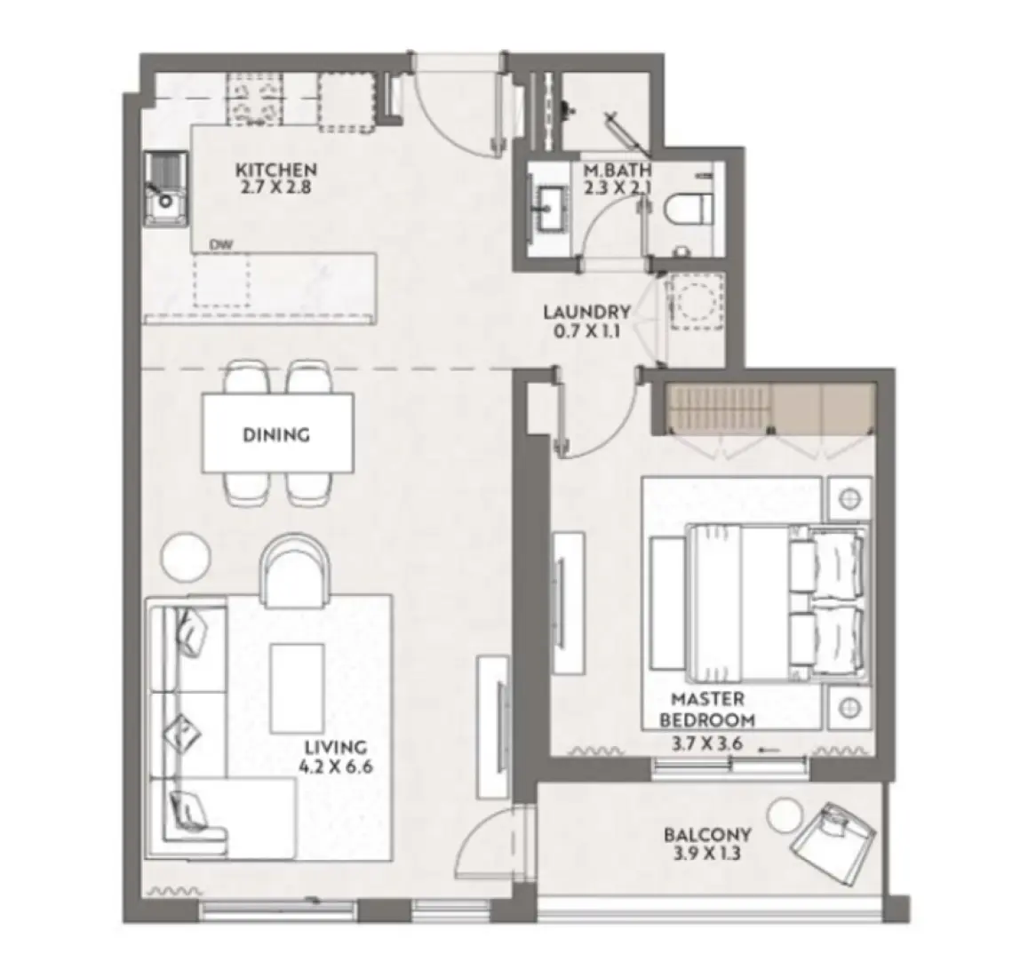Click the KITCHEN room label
[275, 170]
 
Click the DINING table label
[276, 435]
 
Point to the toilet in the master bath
[689, 208]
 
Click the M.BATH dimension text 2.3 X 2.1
[618, 187]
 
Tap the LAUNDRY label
[587, 313]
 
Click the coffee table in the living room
[298, 677]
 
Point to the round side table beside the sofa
[186, 554]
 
